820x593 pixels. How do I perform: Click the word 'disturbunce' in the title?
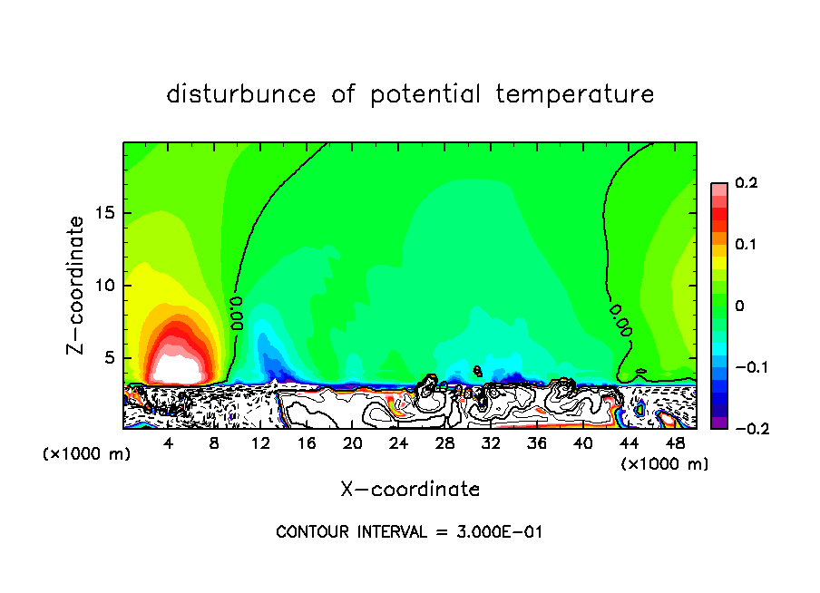point(241,94)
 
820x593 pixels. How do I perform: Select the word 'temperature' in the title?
point(575,94)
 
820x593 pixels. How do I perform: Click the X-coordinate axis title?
point(410,490)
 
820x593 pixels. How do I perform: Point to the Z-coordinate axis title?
point(79,284)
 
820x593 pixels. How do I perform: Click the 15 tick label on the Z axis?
point(104,214)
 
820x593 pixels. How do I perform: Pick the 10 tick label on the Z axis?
point(104,286)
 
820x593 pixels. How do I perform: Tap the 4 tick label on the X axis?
point(169,443)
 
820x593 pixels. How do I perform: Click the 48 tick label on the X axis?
point(674,443)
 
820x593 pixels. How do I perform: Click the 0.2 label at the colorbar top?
point(746,183)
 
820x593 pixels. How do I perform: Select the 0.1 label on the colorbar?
point(746,245)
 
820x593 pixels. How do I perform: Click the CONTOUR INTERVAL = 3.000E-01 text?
point(409,532)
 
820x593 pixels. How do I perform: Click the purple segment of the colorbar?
point(718,423)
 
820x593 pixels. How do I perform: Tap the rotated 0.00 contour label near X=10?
point(237,313)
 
